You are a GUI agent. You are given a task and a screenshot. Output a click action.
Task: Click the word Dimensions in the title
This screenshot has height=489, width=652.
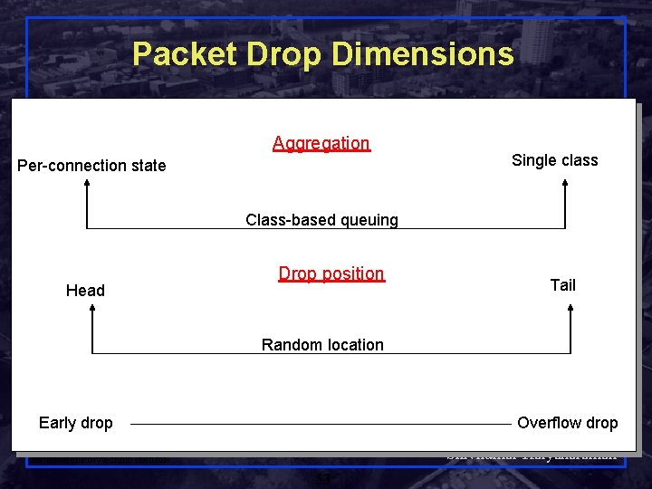point(424,54)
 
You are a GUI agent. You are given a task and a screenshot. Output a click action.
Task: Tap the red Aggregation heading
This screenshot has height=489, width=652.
point(321,143)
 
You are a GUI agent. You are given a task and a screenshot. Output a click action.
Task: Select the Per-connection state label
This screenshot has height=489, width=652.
point(92,165)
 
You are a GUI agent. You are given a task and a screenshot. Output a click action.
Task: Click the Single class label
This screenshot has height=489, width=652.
point(554,160)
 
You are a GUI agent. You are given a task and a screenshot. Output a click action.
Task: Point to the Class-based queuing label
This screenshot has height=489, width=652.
point(321,220)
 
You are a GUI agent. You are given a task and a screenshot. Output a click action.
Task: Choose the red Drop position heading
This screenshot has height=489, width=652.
point(331,273)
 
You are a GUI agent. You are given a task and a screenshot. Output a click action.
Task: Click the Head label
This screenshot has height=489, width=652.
point(85,291)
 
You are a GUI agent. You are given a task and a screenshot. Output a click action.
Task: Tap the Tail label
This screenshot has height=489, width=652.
point(562,285)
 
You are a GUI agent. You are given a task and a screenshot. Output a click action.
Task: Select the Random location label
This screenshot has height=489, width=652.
point(322,345)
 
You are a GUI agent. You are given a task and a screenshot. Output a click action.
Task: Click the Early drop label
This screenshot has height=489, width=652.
point(76,423)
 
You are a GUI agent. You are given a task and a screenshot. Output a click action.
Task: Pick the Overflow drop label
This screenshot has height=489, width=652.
point(567,423)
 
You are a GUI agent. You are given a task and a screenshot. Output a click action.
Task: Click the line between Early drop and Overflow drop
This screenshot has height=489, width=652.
point(321,423)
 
